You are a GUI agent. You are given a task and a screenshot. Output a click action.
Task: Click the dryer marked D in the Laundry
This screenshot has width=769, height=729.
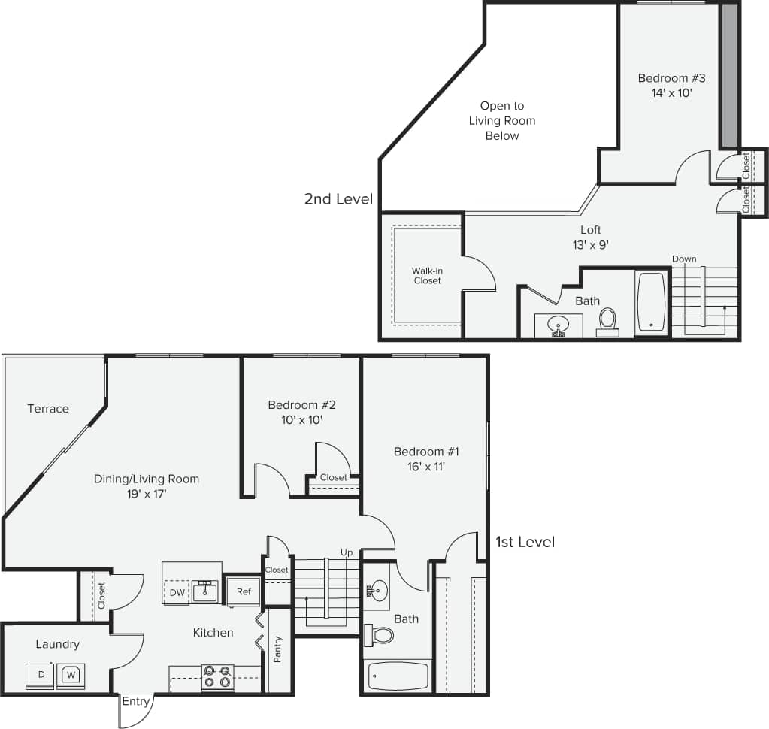41,675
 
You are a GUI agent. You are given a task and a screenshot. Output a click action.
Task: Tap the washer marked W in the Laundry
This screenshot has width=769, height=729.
71,674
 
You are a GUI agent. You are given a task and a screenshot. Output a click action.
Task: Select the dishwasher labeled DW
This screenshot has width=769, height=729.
177,592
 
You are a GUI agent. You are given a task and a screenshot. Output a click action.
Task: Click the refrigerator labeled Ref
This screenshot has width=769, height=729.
243,591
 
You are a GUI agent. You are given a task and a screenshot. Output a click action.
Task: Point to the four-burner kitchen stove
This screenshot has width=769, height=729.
217,676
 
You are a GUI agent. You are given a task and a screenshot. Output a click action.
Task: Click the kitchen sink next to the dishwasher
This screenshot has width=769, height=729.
204,592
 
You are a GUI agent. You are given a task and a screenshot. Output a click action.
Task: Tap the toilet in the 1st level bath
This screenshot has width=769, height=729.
381,636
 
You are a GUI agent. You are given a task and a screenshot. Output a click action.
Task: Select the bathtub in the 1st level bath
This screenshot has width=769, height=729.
398,676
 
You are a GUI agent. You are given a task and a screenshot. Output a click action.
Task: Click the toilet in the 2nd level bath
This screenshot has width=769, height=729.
607,320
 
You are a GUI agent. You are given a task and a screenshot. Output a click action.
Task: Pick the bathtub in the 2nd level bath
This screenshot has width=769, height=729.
651,302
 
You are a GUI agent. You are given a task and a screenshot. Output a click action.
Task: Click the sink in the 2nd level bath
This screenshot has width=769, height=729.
558,325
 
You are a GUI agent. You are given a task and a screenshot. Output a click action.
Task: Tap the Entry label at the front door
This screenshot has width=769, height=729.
136,702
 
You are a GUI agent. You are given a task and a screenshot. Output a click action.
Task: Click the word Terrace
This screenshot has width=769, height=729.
48,409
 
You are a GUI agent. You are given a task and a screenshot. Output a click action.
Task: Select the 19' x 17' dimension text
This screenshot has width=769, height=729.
147,494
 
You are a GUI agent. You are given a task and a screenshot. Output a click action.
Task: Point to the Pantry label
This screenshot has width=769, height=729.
278,649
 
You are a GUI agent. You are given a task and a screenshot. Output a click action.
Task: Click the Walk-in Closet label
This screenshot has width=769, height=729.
426,275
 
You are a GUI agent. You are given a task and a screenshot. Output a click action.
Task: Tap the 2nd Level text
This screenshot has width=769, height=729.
338,199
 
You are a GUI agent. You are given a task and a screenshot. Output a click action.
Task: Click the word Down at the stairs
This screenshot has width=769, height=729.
684,259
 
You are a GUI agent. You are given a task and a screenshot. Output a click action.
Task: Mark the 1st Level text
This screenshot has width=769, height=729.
525,542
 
